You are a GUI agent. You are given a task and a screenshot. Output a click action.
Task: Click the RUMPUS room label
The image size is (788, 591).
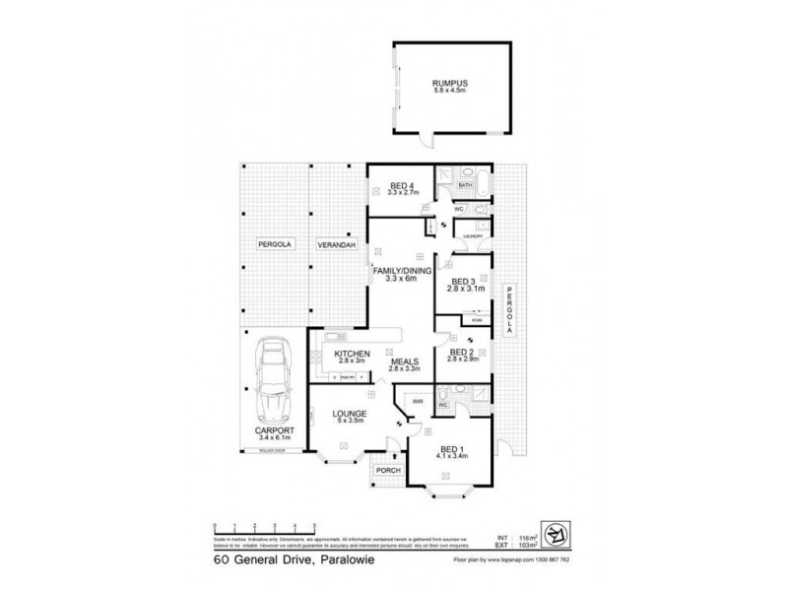pos(453,85)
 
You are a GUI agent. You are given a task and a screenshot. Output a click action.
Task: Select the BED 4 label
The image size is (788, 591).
pos(401,184)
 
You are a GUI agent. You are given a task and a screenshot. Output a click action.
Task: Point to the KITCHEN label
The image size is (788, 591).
pos(352,354)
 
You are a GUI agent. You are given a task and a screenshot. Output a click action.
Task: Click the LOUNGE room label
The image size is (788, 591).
pos(350,413)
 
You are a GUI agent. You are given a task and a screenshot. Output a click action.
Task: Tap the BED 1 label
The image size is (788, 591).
pos(452,448)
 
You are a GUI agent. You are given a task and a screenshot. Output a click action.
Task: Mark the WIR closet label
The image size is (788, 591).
pos(417,402)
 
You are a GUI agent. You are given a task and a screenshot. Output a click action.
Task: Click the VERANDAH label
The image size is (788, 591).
pos(335,243)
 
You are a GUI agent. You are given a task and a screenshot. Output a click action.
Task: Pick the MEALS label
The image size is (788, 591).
pos(405,361)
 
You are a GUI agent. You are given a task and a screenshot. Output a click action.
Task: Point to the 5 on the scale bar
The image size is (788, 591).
pos(313,526)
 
